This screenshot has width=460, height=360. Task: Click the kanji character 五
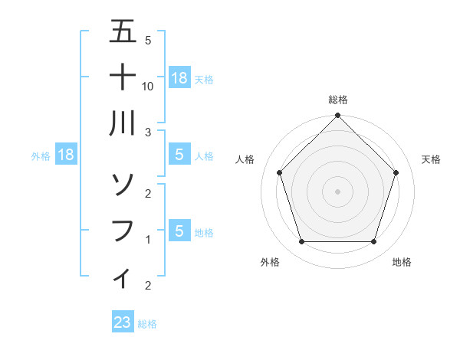click(x=123, y=32)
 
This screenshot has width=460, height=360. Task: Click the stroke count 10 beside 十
click(x=149, y=87)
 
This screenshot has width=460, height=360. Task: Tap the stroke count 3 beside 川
click(x=148, y=132)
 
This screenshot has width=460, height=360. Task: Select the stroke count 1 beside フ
click(x=148, y=240)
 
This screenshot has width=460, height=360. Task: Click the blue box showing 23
click(x=123, y=322)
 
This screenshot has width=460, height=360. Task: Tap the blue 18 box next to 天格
click(x=179, y=78)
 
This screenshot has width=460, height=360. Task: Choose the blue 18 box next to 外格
click(x=66, y=155)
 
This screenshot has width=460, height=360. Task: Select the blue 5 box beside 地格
click(x=179, y=231)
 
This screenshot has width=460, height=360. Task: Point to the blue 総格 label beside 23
click(x=147, y=324)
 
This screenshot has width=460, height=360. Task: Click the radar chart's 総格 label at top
click(x=337, y=100)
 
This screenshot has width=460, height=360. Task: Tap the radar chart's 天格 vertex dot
click(x=396, y=172)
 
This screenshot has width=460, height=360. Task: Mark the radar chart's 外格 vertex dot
click(x=301, y=242)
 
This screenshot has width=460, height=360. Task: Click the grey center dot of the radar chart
click(x=337, y=191)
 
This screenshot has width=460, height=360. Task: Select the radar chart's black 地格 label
click(x=402, y=262)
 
